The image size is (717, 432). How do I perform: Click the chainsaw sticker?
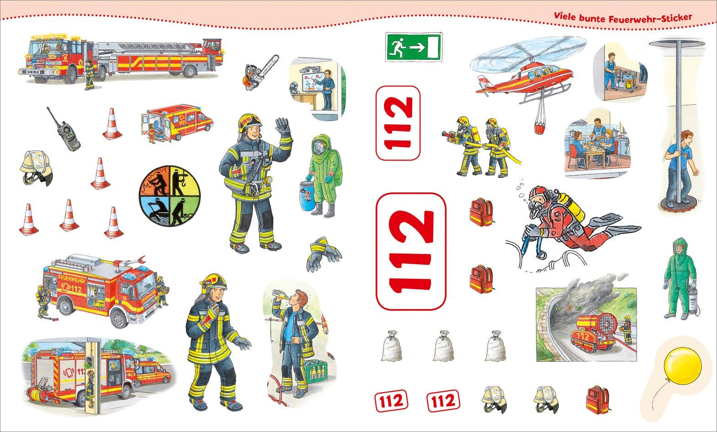(x=260, y=74)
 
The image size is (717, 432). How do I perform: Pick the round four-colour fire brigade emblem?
(x=170, y=196)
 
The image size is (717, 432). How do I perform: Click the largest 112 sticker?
(x=411, y=251)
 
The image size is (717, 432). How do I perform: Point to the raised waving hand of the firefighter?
(x=282, y=127)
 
